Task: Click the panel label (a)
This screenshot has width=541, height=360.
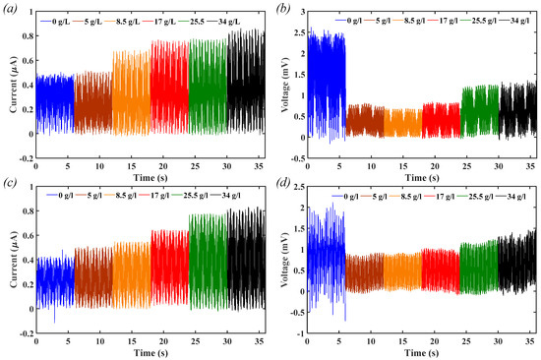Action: [x=12, y=9]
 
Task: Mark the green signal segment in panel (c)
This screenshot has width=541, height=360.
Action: [x=208, y=266]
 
